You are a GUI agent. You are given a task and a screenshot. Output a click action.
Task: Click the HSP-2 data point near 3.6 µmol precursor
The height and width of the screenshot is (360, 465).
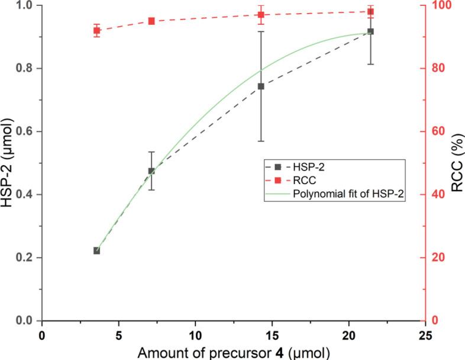(x=96, y=250)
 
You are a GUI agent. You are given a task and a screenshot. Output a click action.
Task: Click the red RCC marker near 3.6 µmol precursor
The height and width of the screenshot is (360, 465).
(x=96, y=30)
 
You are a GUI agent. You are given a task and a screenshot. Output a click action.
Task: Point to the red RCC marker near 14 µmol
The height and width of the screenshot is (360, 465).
(x=260, y=15)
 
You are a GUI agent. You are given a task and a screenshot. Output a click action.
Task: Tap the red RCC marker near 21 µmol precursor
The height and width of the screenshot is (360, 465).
(x=370, y=11)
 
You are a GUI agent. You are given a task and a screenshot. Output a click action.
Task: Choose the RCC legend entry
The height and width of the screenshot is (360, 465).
(x=307, y=182)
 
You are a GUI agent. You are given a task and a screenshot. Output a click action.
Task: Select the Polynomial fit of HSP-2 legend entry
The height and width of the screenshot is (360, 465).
(x=348, y=196)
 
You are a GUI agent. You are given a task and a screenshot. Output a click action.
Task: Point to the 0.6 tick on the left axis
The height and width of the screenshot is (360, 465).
(x=24, y=131)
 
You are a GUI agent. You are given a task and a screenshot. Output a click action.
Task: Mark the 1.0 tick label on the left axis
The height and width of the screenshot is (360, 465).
(x=24, y=6)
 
